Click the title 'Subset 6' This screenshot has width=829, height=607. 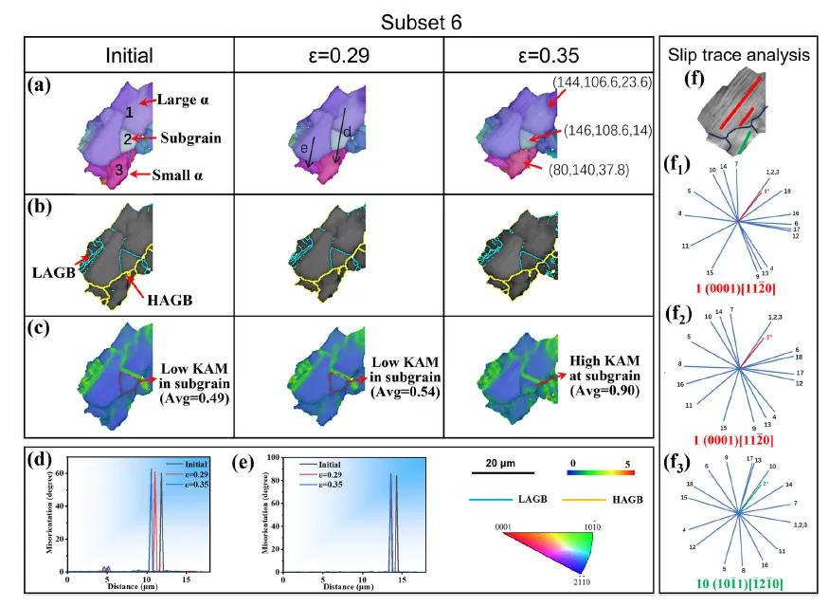[414, 18]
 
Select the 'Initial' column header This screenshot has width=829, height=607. [128, 56]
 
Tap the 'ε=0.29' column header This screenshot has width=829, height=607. [336, 56]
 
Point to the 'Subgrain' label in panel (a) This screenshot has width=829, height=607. [190, 138]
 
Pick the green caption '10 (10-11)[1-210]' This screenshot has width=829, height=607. [739, 578]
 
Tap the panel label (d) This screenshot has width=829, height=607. [41, 461]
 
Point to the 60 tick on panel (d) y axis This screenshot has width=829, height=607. [60, 470]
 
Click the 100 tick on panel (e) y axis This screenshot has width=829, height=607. [270, 457]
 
